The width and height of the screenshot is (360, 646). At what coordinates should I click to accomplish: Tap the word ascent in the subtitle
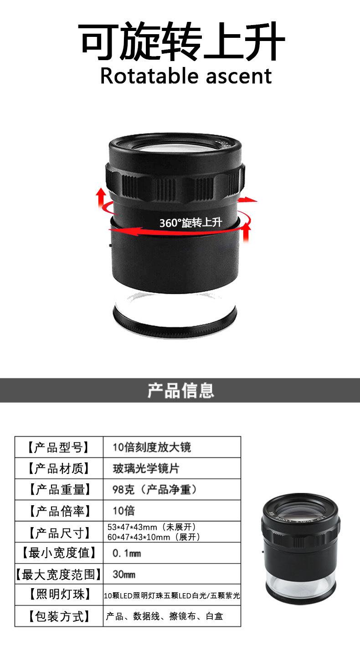tap(239, 77)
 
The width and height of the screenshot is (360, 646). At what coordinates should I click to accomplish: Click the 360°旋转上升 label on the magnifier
tap(190, 223)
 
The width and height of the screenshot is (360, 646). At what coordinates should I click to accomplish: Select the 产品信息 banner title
tap(180, 390)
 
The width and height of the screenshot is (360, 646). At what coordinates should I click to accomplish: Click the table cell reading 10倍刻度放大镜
tap(152, 447)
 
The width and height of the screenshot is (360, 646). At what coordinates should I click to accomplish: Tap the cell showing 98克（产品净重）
tap(155, 490)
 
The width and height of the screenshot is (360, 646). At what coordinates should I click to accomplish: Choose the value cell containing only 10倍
tap(124, 511)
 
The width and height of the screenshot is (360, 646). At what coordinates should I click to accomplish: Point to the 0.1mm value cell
tap(127, 554)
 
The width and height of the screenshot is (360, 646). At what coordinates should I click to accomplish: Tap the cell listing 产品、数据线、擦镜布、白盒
tap(165, 616)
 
